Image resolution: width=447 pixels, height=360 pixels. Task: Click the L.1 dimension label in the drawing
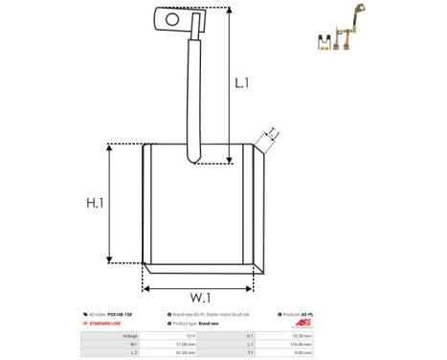[242, 83]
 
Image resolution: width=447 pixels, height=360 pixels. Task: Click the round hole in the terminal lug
[171, 17]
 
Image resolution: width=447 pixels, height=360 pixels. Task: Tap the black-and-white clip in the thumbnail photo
[325, 41]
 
